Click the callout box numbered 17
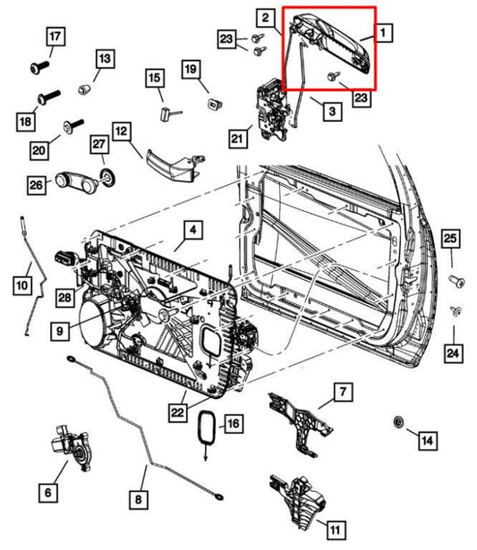[55, 38]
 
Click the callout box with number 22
[178, 411]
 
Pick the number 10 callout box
[21, 285]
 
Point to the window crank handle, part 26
[74, 182]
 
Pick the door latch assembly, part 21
[271, 107]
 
